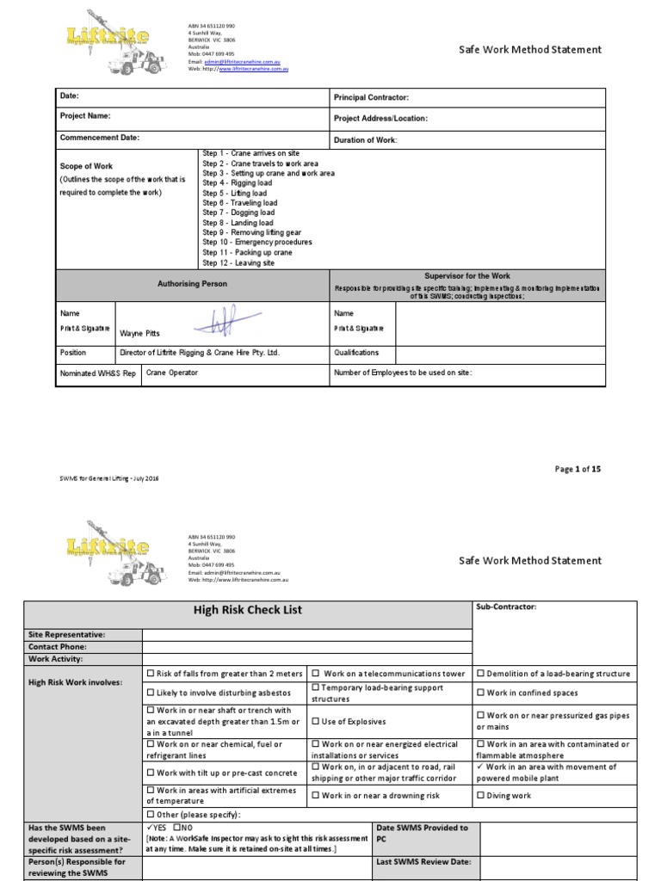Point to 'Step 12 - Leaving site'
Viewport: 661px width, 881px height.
tap(238, 263)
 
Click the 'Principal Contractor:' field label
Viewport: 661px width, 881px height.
tap(371, 98)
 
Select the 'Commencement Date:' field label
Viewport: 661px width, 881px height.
tap(99, 138)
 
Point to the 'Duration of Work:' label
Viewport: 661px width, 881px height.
tap(366, 139)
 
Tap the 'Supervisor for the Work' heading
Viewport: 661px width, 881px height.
tap(468, 275)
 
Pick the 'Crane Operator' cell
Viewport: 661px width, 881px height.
tap(172, 373)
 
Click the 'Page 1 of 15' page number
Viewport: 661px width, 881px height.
tap(578, 469)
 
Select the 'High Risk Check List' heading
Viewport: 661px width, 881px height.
tap(248, 610)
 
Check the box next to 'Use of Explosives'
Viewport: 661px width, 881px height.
tap(316, 721)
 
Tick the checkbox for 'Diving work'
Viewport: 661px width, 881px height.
tap(480, 796)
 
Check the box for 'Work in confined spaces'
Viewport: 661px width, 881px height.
tap(480, 693)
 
